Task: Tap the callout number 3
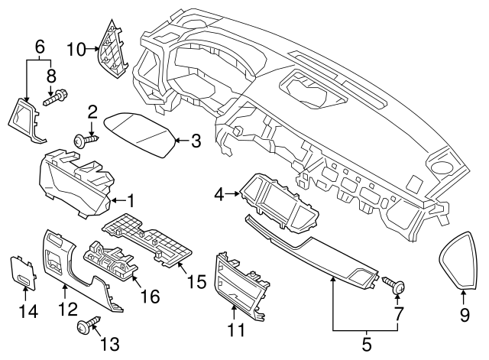coord(196,141)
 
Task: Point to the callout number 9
coord(465,313)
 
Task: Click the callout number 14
coord(26,313)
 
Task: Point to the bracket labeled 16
coord(111,260)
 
